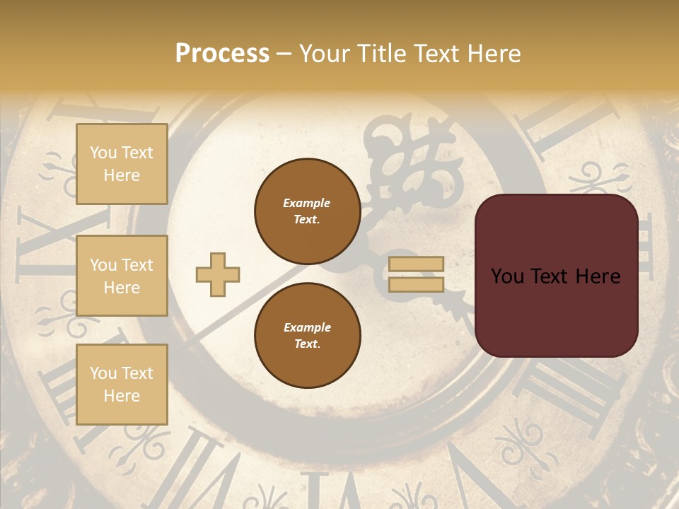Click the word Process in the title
click(x=222, y=53)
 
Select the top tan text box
click(x=122, y=164)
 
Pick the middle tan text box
click(x=122, y=276)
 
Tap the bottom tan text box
click(x=122, y=385)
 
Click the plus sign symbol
click(x=218, y=274)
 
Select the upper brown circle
click(x=307, y=211)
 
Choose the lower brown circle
click(x=307, y=336)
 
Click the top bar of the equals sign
click(x=416, y=264)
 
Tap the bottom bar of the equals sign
click(x=416, y=284)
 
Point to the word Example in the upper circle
click(x=307, y=203)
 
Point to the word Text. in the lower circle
click(x=307, y=344)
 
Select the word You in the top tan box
click(x=103, y=153)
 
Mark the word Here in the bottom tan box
click(x=122, y=396)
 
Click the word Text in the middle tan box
click(x=137, y=265)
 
